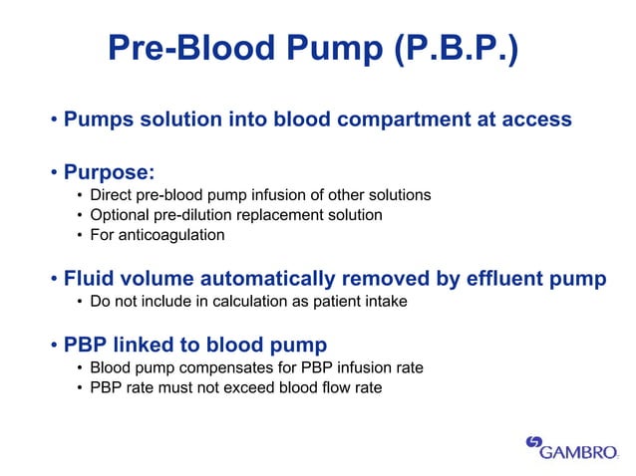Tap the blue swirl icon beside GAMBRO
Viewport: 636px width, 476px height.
[x=534, y=443]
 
